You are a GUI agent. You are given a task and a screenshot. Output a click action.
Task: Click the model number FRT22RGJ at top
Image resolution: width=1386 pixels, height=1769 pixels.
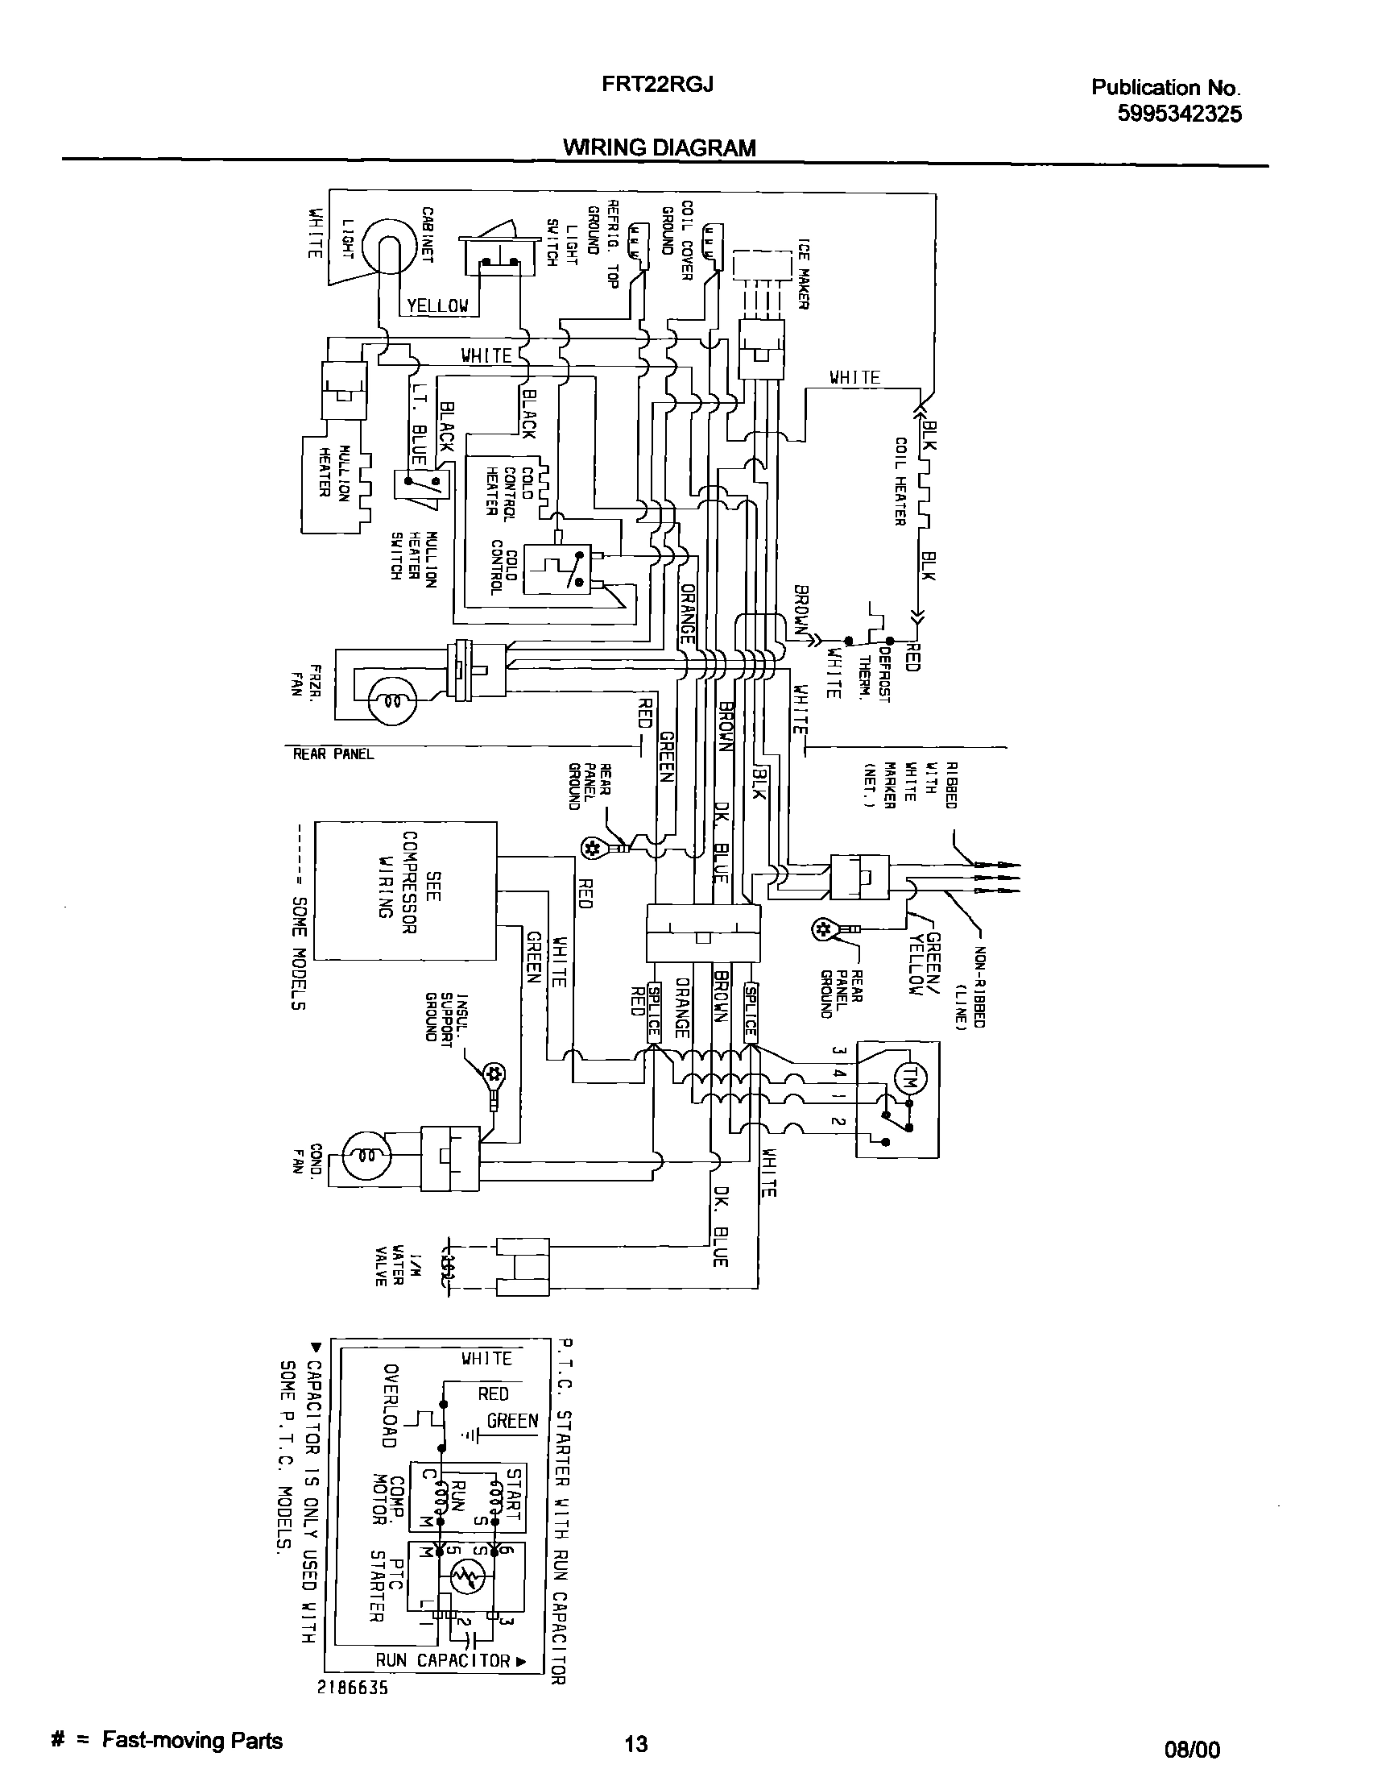[x=658, y=85]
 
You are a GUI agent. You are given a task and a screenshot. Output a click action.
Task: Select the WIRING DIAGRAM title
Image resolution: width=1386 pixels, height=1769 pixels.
[x=660, y=147]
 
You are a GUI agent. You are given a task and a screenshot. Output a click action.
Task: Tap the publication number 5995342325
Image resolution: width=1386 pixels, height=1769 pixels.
[x=1179, y=114]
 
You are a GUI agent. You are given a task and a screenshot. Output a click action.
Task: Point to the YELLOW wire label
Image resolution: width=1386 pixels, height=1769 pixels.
[x=437, y=306]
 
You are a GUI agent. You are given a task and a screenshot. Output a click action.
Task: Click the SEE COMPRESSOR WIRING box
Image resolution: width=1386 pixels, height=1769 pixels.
[x=405, y=890]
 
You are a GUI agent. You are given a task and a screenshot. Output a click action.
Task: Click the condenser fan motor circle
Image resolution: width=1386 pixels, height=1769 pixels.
[x=366, y=1156]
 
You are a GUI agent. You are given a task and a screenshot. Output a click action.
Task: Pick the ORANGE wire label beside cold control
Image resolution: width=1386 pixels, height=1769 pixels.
[x=686, y=613]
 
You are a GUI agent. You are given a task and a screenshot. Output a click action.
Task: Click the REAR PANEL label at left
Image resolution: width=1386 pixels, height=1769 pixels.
[x=333, y=754]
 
